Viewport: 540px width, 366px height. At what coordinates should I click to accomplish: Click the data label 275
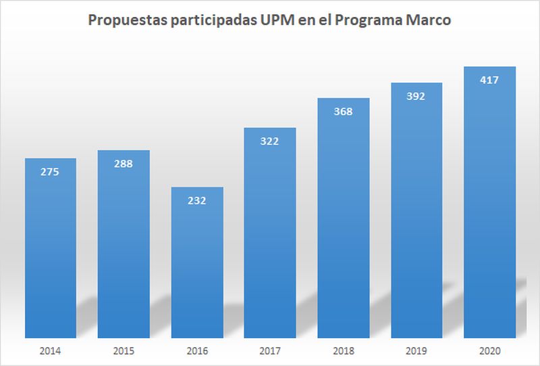[x=51, y=172]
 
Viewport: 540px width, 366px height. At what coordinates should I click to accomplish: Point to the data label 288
[x=124, y=164]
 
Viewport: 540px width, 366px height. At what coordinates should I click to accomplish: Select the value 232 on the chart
[x=197, y=200]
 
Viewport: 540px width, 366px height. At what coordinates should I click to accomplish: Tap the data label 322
[x=270, y=141]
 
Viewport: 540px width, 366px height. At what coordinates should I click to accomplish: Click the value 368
[x=344, y=112]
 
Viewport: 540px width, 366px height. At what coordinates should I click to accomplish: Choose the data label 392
[x=416, y=96]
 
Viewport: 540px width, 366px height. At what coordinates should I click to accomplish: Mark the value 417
[x=490, y=80]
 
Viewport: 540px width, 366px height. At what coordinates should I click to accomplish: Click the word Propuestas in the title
[x=124, y=21]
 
